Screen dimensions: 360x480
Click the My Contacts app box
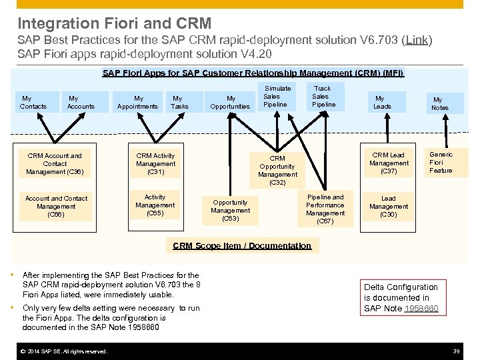click(33, 102)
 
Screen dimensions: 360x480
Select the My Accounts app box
click(81, 102)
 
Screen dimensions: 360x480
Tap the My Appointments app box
click(137, 102)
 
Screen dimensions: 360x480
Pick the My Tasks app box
click(179, 102)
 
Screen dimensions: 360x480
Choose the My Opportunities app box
click(231, 102)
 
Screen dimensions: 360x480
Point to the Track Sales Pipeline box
click(322, 97)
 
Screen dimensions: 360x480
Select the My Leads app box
click(382, 102)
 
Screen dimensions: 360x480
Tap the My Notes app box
click(440, 103)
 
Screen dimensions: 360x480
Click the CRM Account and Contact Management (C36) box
click(55, 164)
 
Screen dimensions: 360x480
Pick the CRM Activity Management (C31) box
click(155, 164)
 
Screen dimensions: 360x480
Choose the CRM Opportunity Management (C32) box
click(277, 170)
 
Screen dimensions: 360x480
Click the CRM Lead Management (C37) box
click(388, 163)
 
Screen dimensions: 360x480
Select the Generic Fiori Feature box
click(441, 163)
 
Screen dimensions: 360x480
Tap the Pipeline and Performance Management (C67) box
click(325, 209)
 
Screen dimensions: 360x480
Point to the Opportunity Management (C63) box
click(230, 210)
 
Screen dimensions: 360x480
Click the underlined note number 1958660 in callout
click(425, 309)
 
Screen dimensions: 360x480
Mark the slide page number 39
click(456, 351)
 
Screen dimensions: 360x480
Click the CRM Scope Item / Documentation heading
click(241, 245)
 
